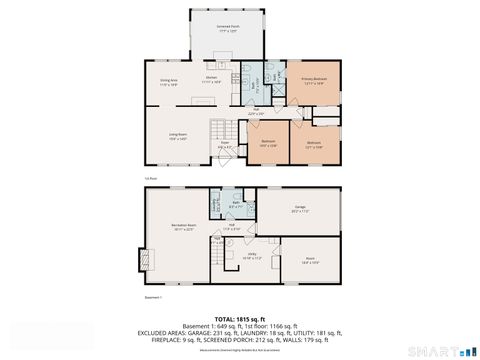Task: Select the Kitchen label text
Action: (x=212, y=79)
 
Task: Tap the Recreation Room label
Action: (x=181, y=226)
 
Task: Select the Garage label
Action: (x=299, y=210)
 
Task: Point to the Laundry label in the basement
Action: (x=215, y=207)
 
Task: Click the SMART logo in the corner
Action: (x=438, y=350)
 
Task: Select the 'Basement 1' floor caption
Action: (x=154, y=297)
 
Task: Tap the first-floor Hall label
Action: (x=256, y=111)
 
